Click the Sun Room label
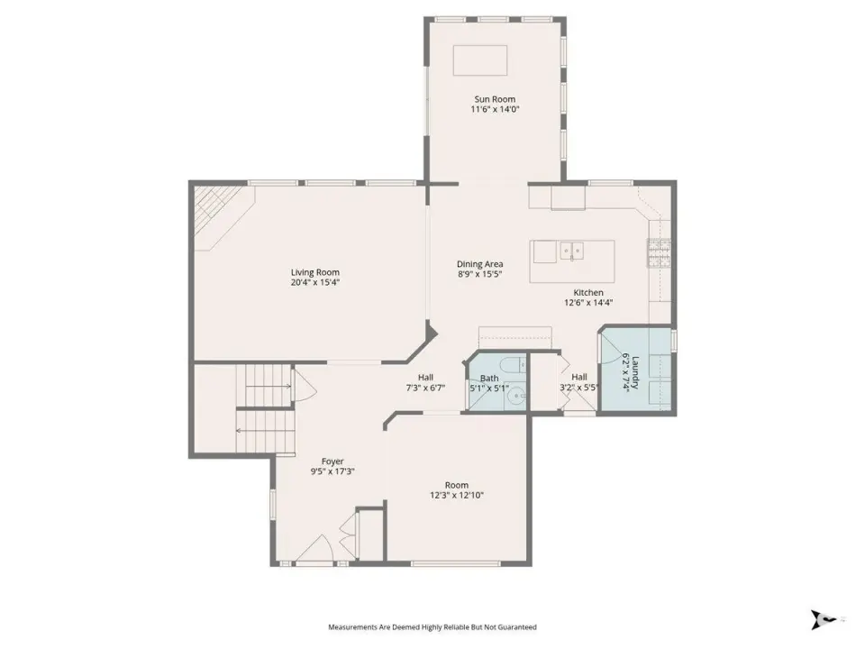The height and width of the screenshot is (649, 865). tap(495, 99)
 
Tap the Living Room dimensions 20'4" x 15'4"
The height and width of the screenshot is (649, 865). tap(315, 282)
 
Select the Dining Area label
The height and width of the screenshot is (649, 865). tap(479, 264)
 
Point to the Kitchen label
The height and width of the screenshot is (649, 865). tap(588, 292)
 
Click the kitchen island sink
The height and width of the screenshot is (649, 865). tap(572, 251)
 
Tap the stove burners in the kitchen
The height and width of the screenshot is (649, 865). tap(660, 253)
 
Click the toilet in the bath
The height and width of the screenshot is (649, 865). tap(512, 363)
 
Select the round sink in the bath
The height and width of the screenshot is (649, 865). tap(515, 395)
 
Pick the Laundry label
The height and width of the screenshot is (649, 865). tap(635, 372)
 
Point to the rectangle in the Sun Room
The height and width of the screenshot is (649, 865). tap(480, 60)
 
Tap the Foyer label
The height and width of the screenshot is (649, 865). tap(332, 462)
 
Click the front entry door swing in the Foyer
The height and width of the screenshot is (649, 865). tap(314, 549)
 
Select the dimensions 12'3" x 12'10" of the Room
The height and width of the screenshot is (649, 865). tap(457, 495)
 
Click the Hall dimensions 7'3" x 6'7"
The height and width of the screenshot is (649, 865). tap(425, 388)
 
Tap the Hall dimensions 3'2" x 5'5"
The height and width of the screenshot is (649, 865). tap(578, 388)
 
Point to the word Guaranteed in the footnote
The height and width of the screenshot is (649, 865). tap(518, 627)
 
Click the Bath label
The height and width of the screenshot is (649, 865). tap(488, 379)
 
